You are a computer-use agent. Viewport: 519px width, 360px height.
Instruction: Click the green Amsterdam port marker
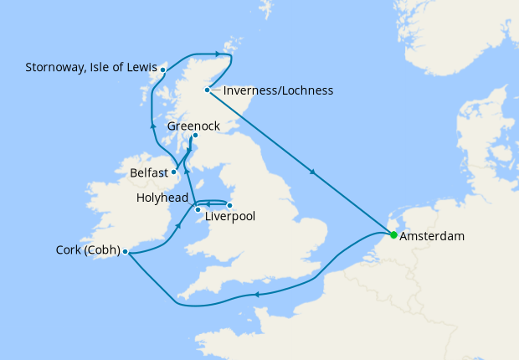pyautogui.click(x=393, y=235)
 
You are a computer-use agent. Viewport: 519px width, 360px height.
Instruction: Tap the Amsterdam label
pyautogui.click(x=432, y=237)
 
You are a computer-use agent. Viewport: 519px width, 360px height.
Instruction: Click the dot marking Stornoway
pyautogui.click(x=162, y=69)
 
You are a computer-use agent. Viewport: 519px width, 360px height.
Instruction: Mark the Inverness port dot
pyautogui.click(x=207, y=90)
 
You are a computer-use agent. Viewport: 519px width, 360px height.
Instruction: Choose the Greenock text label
pyautogui.click(x=193, y=126)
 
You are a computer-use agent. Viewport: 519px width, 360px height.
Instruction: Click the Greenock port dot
pyautogui.click(x=194, y=136)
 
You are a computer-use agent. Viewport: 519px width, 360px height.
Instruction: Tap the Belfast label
pyautogui.click(x=148, y=173)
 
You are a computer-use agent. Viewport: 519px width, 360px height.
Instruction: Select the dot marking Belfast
pyautogui.click(x=174, y=172)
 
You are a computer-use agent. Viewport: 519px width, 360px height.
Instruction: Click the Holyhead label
pyautogui.click(x=162, y=198)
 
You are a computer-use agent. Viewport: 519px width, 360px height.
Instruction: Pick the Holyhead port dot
pyautogui.click(x=198, y=210)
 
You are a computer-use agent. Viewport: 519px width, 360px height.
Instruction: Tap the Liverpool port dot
pyautogui.click(x=230, y=204)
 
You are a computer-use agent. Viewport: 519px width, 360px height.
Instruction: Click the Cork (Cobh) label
pyautogui.click(x=86, y=249)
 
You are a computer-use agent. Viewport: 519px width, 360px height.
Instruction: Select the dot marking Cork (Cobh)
pyautogui.click(x=125, y=250)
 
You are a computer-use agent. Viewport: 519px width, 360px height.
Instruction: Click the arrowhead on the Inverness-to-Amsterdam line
pyautogui.click(x=313, y=173)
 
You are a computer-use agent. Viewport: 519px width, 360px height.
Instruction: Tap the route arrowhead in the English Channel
pyautogui.click(x=257, y=294)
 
